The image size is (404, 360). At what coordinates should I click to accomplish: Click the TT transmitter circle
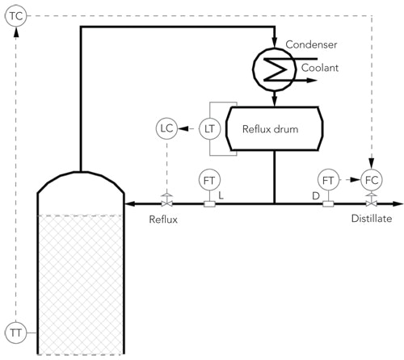[15, 332]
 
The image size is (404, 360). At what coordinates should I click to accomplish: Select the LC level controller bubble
[166, 128]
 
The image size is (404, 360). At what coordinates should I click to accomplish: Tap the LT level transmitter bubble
[209, 128]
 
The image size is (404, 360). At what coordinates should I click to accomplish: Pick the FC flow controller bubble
[371, 179]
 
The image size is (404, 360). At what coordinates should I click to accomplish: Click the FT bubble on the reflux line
[209, 179]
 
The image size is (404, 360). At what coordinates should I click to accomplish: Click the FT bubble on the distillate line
[328, 179]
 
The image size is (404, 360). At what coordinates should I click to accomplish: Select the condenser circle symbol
[276, 68]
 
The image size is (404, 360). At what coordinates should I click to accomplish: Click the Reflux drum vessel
[273, 128]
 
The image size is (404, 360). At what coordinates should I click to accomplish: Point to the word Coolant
[321, 69]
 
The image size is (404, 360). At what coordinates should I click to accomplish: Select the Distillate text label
[371, 220]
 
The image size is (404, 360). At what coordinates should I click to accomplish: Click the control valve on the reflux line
[166, 202]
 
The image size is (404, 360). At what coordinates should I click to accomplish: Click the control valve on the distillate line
[371, 202]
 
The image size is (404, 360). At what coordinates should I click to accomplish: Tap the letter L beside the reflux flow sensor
[221, 195]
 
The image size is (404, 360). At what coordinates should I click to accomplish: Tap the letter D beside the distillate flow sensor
[316, 195]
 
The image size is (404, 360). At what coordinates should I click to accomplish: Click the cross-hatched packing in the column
[81, 283]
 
